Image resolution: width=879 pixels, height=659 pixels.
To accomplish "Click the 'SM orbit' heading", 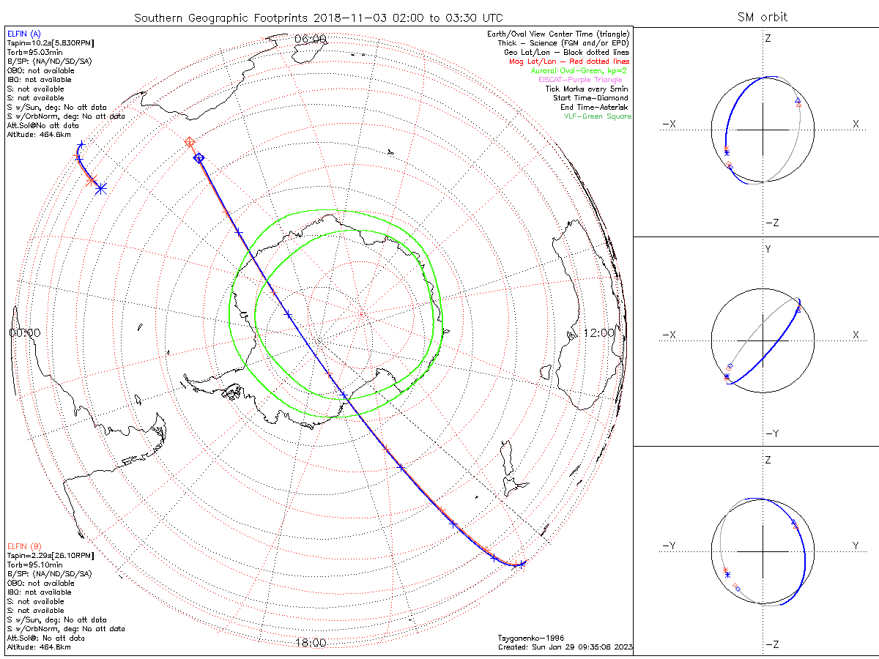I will pos(764,18).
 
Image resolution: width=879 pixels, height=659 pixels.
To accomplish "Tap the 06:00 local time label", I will pos(310,38).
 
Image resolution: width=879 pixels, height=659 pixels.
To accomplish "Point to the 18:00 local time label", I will pos(310,643).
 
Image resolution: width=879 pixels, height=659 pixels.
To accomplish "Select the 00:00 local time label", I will pos(25,332).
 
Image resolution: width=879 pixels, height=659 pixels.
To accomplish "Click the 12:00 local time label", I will pos(599,332).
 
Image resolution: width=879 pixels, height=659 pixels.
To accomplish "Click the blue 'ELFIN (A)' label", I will pos(23,34).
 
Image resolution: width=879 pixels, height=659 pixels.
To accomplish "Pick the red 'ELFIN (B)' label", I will pos(23,546).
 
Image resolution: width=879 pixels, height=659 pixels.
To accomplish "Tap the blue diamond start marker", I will pos(198,157).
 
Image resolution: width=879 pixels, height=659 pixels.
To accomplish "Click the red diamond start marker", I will pos(190,141).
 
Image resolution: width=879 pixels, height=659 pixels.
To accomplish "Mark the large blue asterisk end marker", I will pos(100,188).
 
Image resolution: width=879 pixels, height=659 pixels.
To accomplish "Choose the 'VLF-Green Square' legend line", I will pos(597,116).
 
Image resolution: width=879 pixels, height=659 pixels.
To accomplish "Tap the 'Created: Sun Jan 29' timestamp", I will pos(564,647).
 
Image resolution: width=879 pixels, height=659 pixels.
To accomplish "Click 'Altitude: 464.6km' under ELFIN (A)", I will pos(40,135).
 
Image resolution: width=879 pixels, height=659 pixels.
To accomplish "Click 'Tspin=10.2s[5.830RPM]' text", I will pos(50,43).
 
